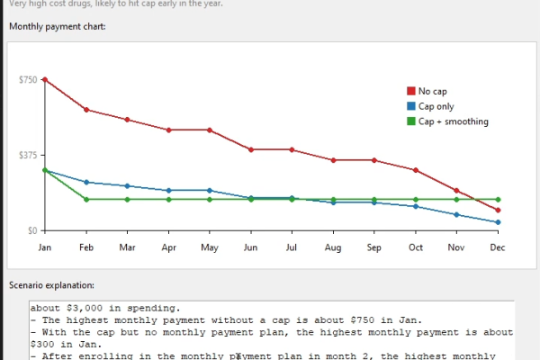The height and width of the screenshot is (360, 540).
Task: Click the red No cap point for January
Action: coord(44,79)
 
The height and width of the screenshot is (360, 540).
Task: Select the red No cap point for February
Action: coord(85,110)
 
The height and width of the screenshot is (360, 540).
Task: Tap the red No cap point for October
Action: coord(415,170)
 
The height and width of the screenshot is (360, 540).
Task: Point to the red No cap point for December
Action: coord(498,210)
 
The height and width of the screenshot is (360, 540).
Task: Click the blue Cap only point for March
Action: coord(127,186)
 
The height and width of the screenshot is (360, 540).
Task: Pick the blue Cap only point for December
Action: coord(498,222)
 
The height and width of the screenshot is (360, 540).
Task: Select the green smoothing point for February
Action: coord(85,199)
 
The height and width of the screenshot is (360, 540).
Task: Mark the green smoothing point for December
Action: coord(498,199)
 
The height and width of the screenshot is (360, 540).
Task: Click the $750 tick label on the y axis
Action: coord(28,80)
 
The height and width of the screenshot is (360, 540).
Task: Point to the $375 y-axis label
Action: coord(28,155)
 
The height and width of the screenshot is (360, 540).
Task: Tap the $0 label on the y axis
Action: coord(31,230)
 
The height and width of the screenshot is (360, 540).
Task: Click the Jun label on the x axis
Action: coord(250,246)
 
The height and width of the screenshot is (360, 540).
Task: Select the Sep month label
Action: coord(373,246)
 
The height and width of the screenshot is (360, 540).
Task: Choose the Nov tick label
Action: coord(456,246)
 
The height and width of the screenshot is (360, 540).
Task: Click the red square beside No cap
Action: coord(411,91)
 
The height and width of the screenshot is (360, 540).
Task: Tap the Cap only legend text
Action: coord(436,106)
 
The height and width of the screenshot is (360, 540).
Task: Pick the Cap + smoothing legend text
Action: coord(454,121)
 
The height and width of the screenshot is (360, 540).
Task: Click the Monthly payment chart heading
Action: coord(58,26)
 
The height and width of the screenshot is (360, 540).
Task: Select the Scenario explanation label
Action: coord(51,284)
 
